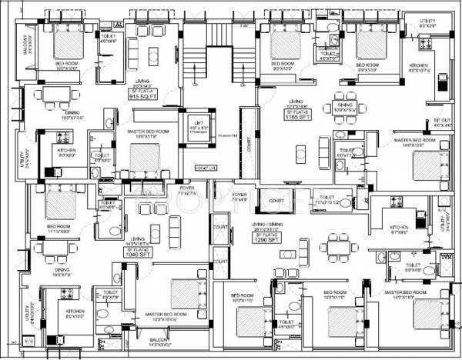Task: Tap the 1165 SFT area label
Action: click(296, 118)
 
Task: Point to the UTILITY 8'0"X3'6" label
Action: click(428, 24)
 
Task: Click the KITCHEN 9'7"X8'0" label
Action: click(399, 230)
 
